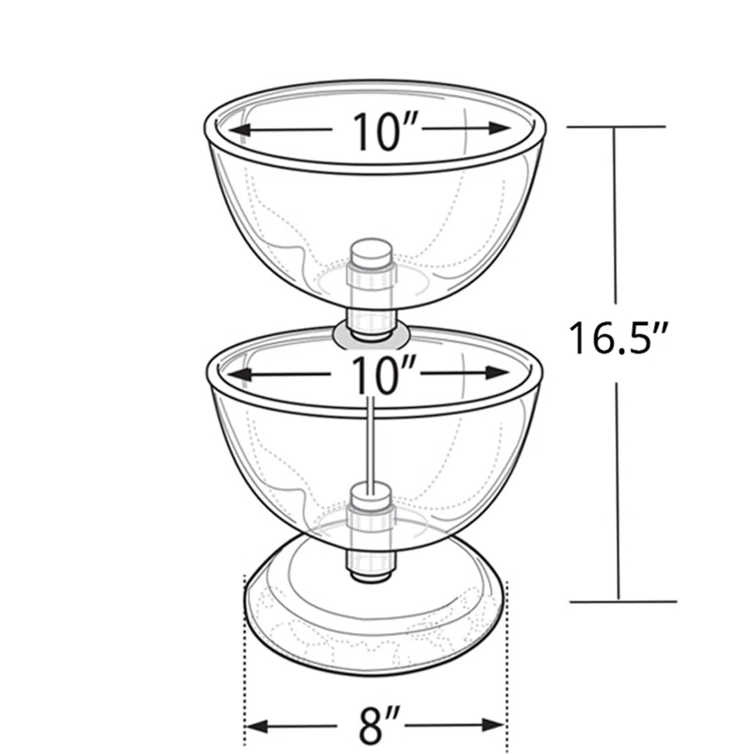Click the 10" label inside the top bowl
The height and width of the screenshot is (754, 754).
tap(378, 131)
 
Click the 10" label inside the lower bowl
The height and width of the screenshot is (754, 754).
tap(378, 375)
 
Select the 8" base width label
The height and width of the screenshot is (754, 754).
tap(377, 726)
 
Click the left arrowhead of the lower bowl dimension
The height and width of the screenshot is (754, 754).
tap(236, 375)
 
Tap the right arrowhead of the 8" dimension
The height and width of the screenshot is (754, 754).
tap(499, 726)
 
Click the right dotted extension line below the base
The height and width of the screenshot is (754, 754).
tap(508, 660)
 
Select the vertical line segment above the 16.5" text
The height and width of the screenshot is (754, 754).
tap(617, 217)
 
